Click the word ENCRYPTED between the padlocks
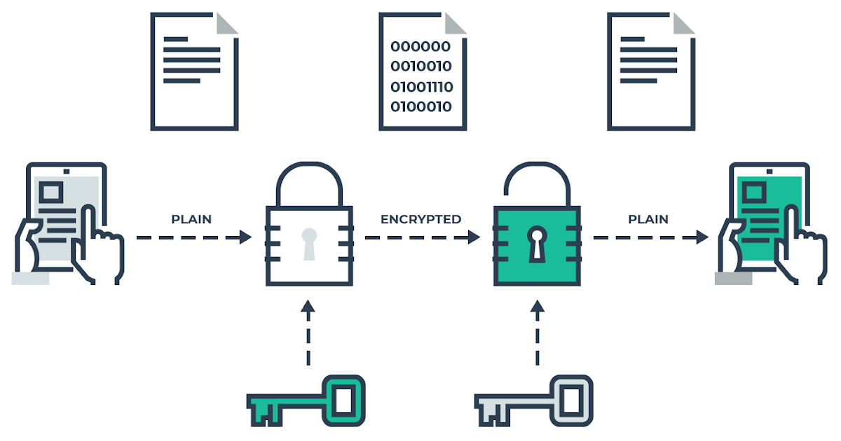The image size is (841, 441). (x=420, y=219)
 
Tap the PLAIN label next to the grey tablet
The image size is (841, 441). (x=191, y=219)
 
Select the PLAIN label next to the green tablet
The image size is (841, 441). (x=648, y=219)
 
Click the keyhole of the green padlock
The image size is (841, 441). (x=537, y=243)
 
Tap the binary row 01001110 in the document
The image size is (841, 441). (x=421, y=87)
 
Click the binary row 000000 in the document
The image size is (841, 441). (x=420, y=47)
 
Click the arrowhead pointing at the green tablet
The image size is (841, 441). (x=702, y=237)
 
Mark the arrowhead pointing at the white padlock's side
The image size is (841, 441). (x=245, y=237)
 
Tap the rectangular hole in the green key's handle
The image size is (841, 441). (x=343, y=400)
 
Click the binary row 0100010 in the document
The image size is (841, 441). (x=420, y=106)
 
